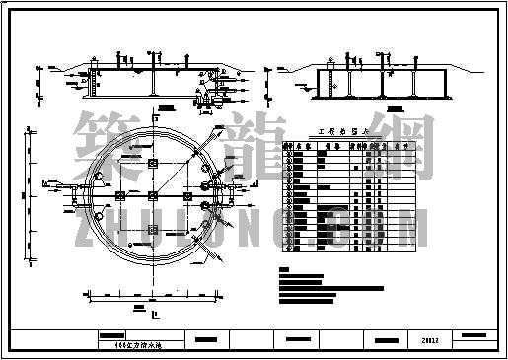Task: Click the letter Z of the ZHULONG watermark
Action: [86, 222]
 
